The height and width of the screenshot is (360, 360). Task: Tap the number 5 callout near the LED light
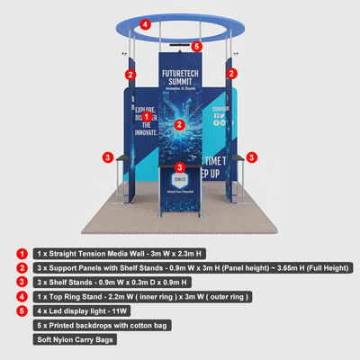(x=197, y=45)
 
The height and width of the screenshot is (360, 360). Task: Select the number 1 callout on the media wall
(x=147, y=117)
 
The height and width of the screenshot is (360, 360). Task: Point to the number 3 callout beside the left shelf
(x=107, y=157)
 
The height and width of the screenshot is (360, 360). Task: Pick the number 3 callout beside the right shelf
(x=253, y=157)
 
